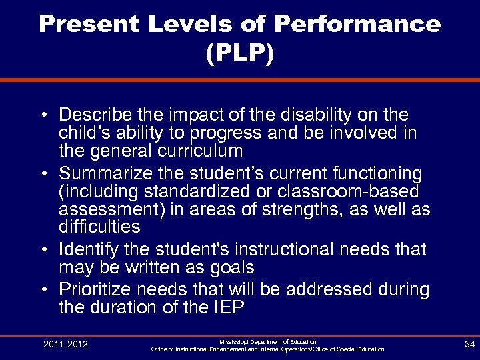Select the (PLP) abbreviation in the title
pos(239,55)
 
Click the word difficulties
pos(99,227)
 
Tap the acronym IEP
pos(229,308)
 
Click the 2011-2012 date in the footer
pos(65,344)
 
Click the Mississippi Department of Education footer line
pos(267,341)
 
